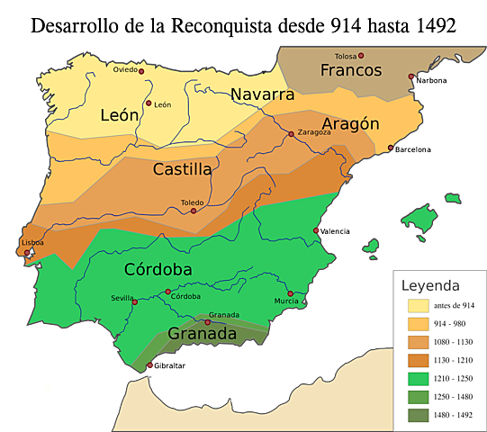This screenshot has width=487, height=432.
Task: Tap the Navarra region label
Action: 262,94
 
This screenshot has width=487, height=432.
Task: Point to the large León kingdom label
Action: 120,115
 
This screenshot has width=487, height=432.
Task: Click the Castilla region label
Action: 182,169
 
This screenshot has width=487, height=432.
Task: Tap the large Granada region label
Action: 203,334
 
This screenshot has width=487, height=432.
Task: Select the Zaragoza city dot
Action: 290,133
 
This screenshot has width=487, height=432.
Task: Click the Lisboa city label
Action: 32,243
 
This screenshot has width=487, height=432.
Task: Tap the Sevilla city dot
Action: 135,302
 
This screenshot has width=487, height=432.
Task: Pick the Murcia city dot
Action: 290,293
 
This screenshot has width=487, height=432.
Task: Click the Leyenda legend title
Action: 430,285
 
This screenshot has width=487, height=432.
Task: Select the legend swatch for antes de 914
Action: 418,306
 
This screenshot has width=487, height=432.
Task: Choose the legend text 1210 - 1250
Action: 455,378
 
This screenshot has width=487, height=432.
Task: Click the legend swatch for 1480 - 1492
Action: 418,414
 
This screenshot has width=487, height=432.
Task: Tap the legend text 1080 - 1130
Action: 455,342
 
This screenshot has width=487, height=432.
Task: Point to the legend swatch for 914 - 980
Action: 418,324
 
